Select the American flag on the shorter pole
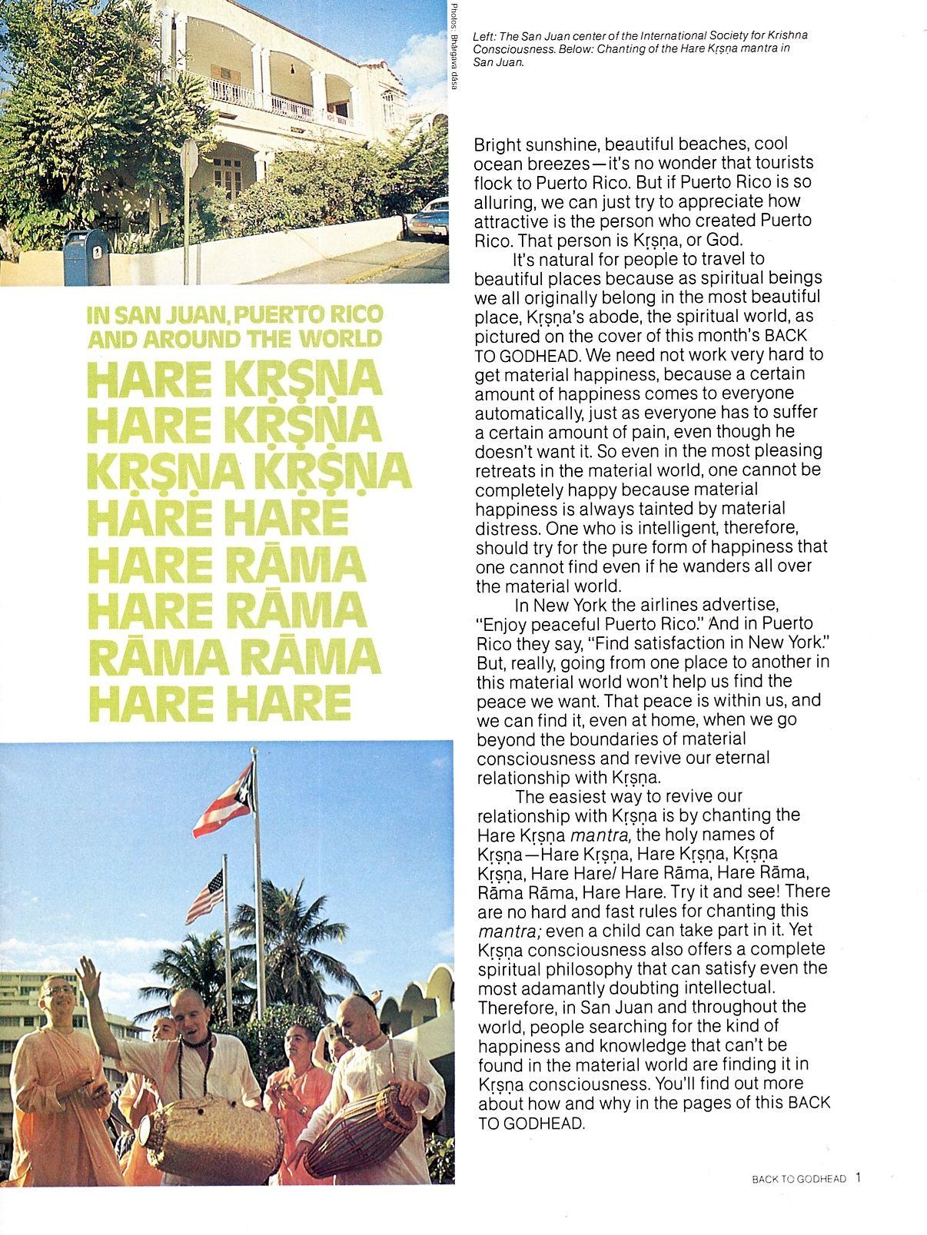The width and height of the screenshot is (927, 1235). pyautogui.click(x=204, y=895)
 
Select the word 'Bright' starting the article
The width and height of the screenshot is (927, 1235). pyautogui.click(x=497, y=144)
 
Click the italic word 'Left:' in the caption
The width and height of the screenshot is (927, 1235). pyautogui.click(x=485, y=36)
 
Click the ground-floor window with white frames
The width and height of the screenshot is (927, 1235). pyautogui.click(x=228, y=174)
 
